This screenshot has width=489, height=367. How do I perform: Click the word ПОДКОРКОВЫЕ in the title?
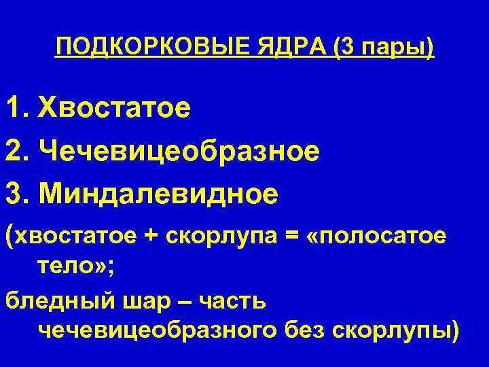pyautogui.click(x=146, y=48)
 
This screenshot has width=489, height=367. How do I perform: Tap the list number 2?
pyautogui.click(x=16, y=151)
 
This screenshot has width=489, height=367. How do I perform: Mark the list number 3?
pyautogui.click(x=16, y=195)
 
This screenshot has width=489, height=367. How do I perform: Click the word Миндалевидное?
pyautogui.click(x=158, y=195)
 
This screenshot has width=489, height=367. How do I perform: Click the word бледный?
pyautogui.click(x=46, y=301)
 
